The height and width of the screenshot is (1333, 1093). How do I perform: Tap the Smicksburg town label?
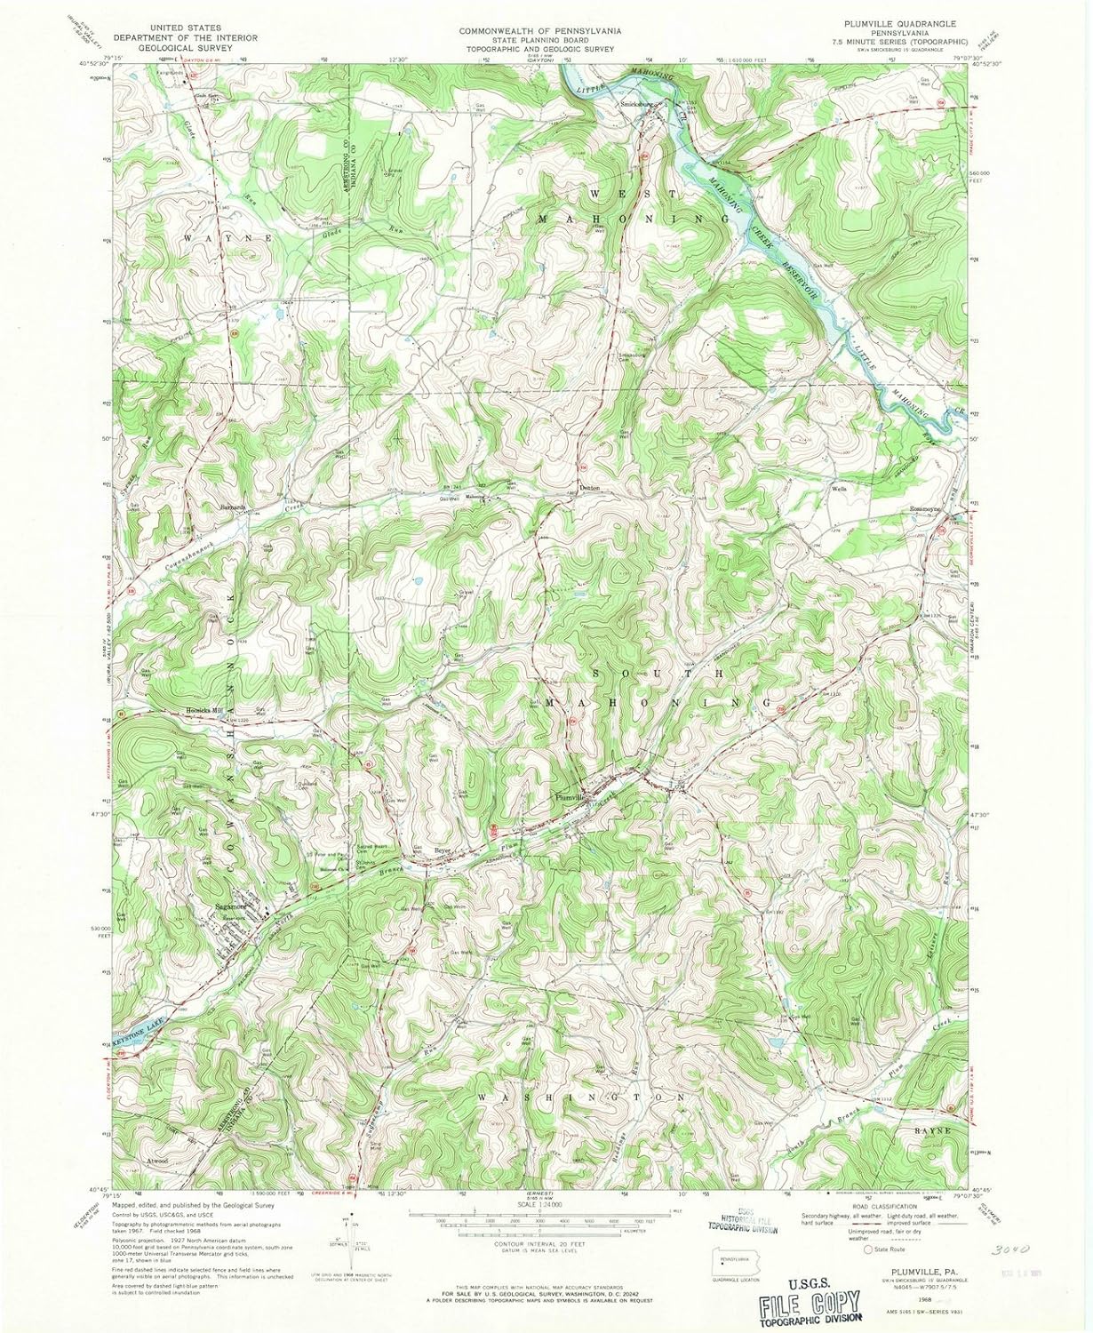click(636, 102)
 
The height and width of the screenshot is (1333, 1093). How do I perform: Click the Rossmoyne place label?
click(927, 508)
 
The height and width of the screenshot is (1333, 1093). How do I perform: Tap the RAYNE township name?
click(929, 1129)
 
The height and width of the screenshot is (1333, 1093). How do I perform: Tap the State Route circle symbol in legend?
click(868, 1249)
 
